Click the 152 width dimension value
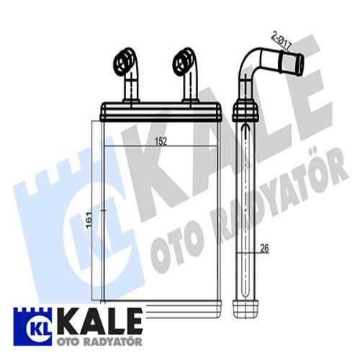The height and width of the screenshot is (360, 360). pos(161,142)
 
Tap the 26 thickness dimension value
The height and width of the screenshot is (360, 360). pos(265,250)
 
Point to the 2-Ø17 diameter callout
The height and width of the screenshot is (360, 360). pos(282,37)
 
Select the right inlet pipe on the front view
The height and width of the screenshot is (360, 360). pos(186,76)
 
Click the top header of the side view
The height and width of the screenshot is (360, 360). pos(246,109)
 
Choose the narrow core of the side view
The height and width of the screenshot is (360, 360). pos(246,209)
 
